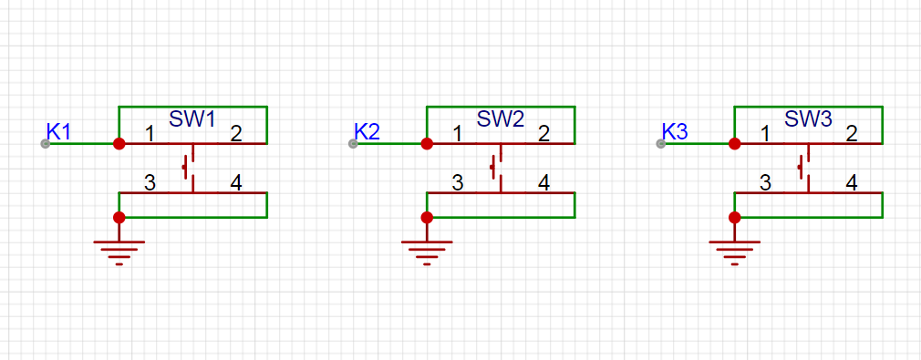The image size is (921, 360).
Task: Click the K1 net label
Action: click(x=58, y=131)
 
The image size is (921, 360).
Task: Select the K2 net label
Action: click(x=367, y=131)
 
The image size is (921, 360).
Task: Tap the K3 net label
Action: click(x=674, y=131)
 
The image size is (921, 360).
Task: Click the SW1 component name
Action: click(x=192, y=119)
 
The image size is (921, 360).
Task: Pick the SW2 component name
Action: click(x=501, y=119)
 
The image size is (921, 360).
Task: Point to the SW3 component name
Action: click(x=808, y=119)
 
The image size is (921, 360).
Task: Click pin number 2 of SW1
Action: click(x=235, y=135)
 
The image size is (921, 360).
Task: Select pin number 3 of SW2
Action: click(x=458, y=183)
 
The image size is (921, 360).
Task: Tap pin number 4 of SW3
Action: click(x=852, y=183)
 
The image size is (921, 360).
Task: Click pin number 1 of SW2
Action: click(x=458, y=135)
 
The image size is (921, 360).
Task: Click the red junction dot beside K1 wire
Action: click(x=119, y=143)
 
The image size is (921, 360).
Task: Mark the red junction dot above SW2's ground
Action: click(x=427, y=217)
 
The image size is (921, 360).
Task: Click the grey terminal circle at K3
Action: click(x=661, y=144)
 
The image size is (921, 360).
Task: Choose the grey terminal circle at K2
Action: click(x=353, y=144)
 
